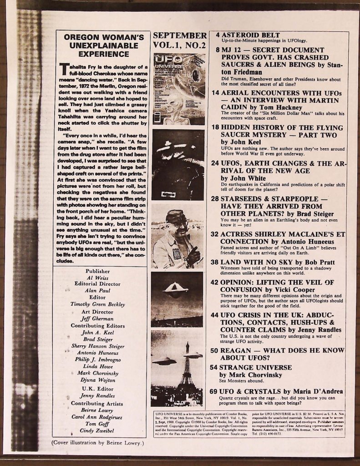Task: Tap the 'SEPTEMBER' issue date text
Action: (x=180, y=35)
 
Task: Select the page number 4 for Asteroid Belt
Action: (x=218, y=35)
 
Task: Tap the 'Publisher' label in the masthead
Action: (x=97, y=271)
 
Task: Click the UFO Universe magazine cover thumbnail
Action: (x=179, y=89)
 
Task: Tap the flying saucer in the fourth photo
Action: (x=176, y=288)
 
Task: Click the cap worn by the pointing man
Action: (x=176, y=216)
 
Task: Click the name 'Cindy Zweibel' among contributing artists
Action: (x=97, y=431)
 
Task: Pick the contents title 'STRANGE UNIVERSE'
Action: (x=255, y=367)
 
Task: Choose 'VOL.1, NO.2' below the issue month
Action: (x=180, y=46)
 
